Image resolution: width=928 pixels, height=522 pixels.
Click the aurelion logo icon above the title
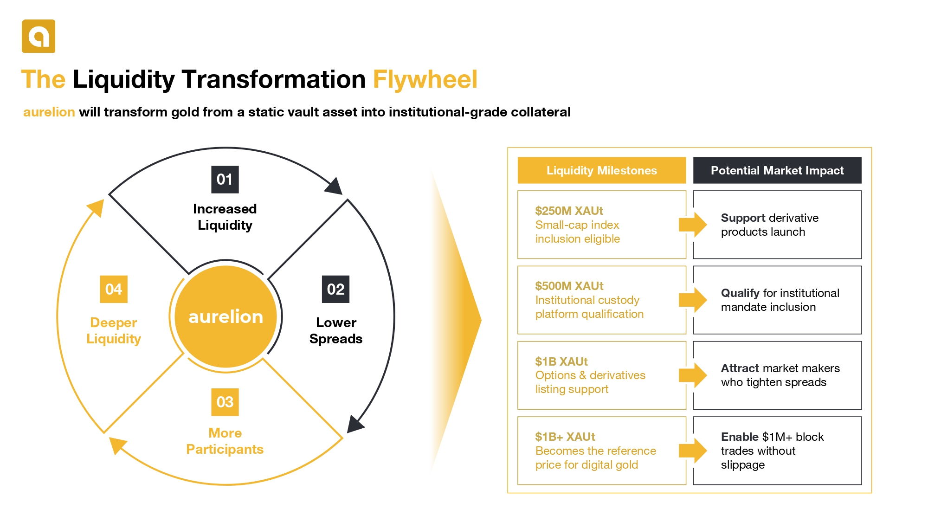[x=39, y=36]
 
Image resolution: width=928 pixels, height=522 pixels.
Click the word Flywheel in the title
[x=425, y=79]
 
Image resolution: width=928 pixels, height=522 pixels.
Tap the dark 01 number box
[x=225, y=180]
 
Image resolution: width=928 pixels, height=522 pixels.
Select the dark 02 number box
[x=335, y=289]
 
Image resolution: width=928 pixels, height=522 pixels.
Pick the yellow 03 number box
[x=225, y=402]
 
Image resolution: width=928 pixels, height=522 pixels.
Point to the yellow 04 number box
[x=114, y=289]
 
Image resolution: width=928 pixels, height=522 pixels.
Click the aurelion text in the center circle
[x=226, y=316]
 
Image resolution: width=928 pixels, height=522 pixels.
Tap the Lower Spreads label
[x=336, y=330]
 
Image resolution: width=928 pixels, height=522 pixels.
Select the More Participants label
[x=225, y=441]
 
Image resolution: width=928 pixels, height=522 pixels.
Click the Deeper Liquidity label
[x=114, y=330]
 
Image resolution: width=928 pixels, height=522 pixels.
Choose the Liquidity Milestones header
[x=602, y=170]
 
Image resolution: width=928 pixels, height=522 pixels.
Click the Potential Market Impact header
[x=777, y=170]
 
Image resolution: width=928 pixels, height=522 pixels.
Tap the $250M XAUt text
[x=569, y=211]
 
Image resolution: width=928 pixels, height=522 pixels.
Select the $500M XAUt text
[x=569, y=286]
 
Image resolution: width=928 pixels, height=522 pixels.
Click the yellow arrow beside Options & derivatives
[x=693, y=375]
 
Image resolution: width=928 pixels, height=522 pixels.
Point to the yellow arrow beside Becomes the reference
[x=693, y=450]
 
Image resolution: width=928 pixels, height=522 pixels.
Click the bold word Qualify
[x=740, y=293]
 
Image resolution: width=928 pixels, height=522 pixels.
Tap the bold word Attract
[x=740, y=368]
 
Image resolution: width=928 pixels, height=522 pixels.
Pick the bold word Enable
[x=740, y=437]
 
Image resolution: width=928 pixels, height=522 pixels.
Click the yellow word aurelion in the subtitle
[x=49, y=112]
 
